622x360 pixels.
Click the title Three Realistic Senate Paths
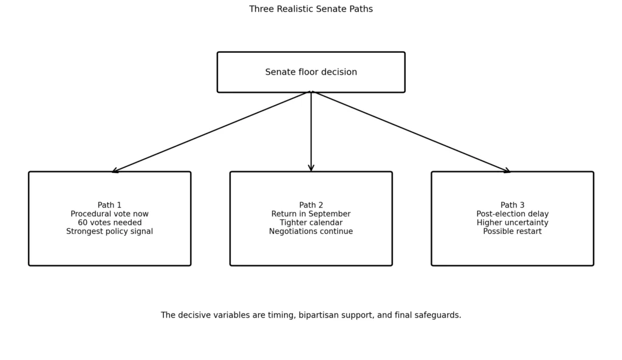click(x=311, y=9)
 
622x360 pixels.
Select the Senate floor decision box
click(x=311, y=72)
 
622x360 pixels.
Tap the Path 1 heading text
click(x=109, y=205)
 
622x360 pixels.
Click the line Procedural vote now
click(x=109, y=214)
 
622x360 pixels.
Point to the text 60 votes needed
click(x=109, y=222)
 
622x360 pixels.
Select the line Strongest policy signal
click(x=109, y=231)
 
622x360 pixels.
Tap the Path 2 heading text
click(x=311, y=205)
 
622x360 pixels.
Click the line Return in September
click(x=311, y=214)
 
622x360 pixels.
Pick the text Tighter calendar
click(x=311, y=222)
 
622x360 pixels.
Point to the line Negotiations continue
click(x=311, y=231)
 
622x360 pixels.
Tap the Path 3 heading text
click(x=513, y=205)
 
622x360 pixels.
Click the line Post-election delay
click(x=513, y=214)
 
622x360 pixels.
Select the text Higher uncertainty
click(x=513, y=222)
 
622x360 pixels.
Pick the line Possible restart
click(x=513, y=231)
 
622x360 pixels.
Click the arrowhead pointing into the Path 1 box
click(x=115, y=171)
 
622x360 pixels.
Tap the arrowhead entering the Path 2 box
click(x=311, y=169)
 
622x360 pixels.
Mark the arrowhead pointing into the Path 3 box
click(x=507, y=171)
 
